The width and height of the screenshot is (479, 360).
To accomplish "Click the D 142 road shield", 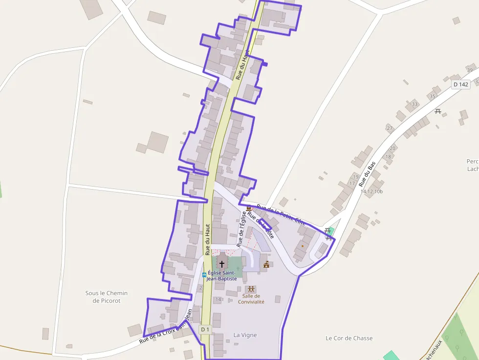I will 460,85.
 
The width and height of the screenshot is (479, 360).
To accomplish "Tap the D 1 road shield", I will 205,329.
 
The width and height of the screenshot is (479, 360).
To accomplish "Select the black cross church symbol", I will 222,264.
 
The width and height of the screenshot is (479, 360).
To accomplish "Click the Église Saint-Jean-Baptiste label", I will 222,275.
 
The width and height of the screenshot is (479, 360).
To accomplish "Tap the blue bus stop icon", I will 204,275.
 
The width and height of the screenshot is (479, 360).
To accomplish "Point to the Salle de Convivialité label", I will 251,299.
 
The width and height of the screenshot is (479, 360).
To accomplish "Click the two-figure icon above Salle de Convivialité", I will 251,289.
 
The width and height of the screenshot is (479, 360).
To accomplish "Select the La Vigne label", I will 245,335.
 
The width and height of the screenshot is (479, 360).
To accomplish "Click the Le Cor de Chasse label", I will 349,338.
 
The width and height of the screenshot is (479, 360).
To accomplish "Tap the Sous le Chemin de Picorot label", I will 107,297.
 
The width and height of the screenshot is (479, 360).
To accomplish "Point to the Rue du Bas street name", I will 367,174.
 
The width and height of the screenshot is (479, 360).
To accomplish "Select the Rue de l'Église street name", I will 241,228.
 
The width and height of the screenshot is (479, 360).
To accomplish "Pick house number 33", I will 415,104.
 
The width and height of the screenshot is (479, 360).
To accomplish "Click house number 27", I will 390,128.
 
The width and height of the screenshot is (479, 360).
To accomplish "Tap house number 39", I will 470,70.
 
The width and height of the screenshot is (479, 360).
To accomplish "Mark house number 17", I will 352,184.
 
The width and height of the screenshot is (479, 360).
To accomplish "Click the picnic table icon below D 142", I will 438,111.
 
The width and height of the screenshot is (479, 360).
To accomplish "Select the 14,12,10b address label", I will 371,191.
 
